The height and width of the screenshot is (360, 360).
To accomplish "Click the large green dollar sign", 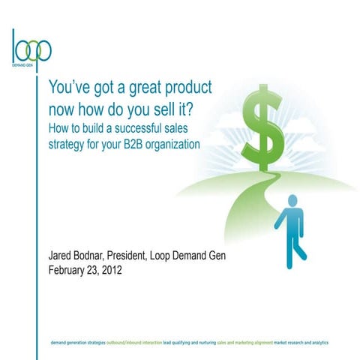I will click(268, 126).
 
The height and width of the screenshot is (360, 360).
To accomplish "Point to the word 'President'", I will click(142, 257).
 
